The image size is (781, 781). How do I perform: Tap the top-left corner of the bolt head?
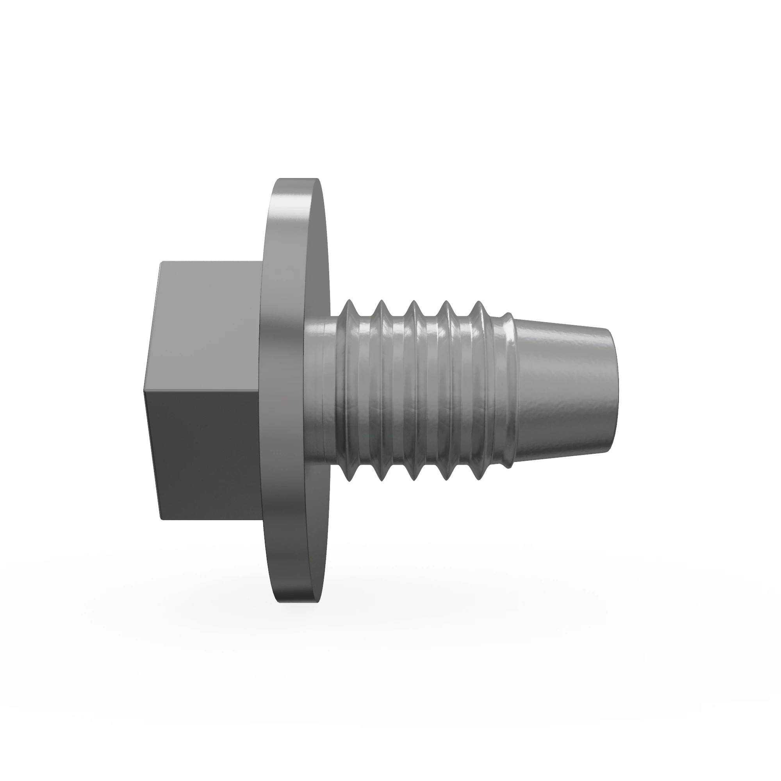[x=161, y=263]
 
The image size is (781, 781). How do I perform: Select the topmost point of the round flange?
[x=299, y=179]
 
